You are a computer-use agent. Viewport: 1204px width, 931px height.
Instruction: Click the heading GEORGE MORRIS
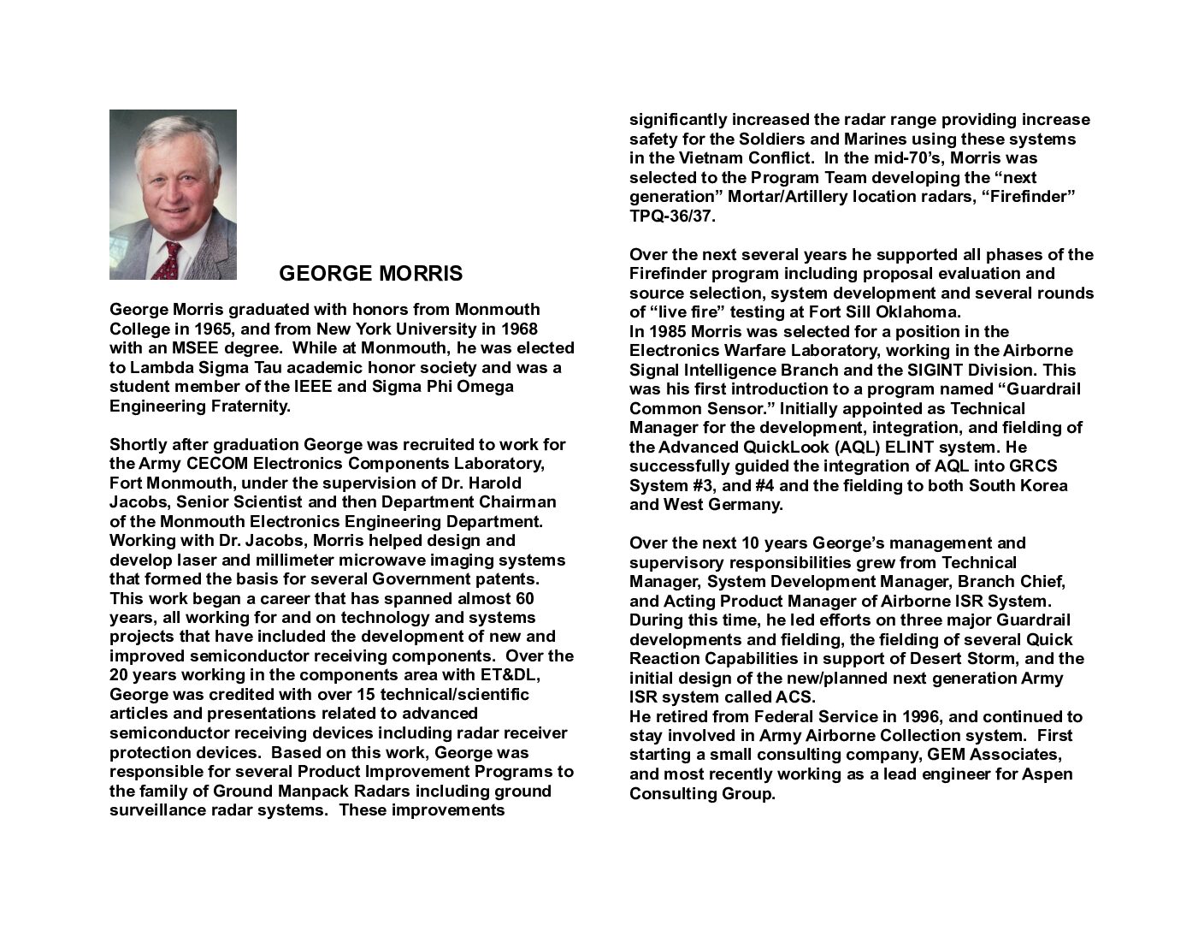point(370,274)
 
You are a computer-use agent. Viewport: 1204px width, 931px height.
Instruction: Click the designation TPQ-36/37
point(672,216)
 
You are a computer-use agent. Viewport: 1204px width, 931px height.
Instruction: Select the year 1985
point(667,332)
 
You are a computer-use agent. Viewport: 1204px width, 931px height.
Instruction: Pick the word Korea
point(1043,486)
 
